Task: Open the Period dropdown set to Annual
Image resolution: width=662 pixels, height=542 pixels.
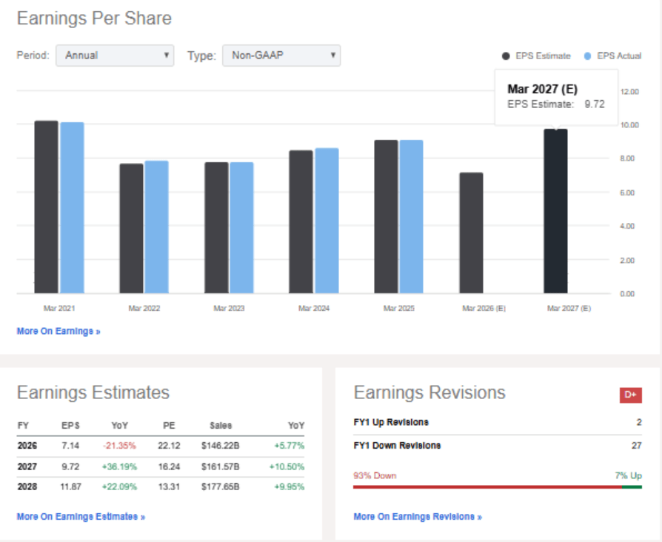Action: coord(115,56)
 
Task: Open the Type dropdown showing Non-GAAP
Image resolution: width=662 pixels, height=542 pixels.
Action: coord(281,56)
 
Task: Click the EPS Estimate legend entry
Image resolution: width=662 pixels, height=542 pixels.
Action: coord(536,56)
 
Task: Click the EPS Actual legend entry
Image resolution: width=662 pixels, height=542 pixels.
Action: coord(612,56)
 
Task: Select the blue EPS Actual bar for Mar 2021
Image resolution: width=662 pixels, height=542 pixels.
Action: coord(72,207)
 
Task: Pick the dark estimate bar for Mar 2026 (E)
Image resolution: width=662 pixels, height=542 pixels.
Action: coord(471,232)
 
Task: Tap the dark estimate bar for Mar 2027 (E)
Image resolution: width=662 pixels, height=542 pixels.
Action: coord(555,211)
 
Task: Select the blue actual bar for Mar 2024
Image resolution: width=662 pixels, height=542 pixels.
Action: coord(327,221)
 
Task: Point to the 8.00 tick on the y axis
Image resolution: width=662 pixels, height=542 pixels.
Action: coord(627,158)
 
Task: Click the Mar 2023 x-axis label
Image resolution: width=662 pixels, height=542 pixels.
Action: coord(229,308)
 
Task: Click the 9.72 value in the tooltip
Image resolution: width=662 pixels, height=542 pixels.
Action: coord(595,104)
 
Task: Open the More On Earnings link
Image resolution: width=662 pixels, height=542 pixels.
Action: coord(58,331)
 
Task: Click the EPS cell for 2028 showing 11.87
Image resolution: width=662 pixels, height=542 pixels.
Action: coord(70,486)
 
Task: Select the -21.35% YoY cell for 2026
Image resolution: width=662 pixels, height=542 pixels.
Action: coord(119,446)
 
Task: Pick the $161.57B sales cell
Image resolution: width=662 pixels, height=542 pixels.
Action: coord(221,466)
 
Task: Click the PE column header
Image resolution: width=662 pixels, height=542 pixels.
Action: coord(169,426)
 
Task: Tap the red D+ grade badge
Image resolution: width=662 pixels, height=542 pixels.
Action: coord(631,395)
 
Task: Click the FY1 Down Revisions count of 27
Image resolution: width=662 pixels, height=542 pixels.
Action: coord(637,445)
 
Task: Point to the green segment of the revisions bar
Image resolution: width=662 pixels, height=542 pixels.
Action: coord(632,487)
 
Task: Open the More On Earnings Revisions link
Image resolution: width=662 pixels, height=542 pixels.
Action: coord(418,517)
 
